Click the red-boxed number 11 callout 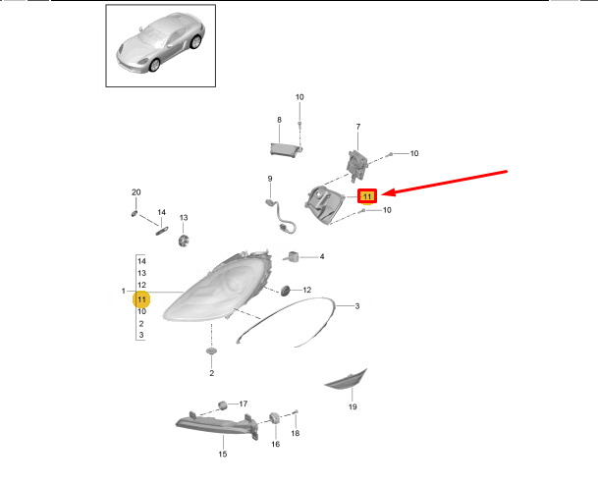(x=367, y=196)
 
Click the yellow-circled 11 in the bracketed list (x=141, y=299)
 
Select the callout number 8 (x=279, y=120)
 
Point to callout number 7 (x=358, y=127)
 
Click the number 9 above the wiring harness (x=270, y=179)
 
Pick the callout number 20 (x=136, y=192)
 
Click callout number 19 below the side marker (x=353, y=406)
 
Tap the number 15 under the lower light (x=223, y=454)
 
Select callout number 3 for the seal (x=357, y=306)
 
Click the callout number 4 (x=322, y=256)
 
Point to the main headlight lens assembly (x=217, y=287)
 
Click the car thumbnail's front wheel (x=154, y=65)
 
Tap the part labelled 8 (x=286, y=149)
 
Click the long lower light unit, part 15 (x=217, y=425)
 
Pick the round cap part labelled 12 (x=286, y=291)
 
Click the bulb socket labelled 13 (x=184, y=241)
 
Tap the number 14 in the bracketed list (x=141, y=261)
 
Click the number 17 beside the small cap (x=243, y=404)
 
